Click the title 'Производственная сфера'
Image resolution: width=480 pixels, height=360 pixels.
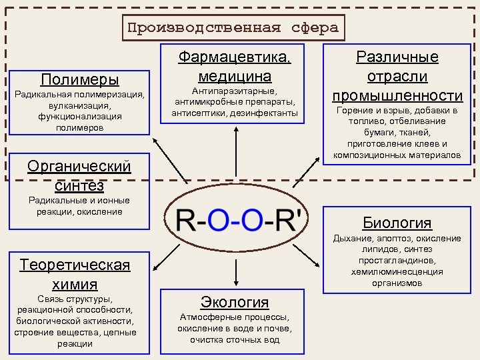click(233, 27)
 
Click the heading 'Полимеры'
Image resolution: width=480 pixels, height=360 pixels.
click(80, 80)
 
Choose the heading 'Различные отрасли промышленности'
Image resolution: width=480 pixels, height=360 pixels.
click(398, 76)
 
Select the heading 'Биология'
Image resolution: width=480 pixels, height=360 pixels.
click(397, 223)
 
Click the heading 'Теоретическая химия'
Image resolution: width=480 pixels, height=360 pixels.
click(75, 274)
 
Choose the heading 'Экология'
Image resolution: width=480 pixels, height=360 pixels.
click(235, 302)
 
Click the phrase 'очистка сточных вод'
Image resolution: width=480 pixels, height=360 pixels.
click(235, 339)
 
